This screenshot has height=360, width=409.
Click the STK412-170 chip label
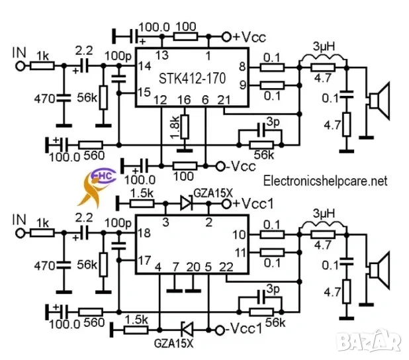pyautogui.click(x=192, y=78)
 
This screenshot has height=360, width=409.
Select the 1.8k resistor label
pyautogui.click(x=173, y=128)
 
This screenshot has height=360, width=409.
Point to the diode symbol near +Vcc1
pyautogui.click(x=186, y=202)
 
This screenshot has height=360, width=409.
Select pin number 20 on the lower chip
pyautogui.click(x=193, y=267)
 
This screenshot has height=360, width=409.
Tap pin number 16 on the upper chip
pyautogui.click(x=185, y=99)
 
